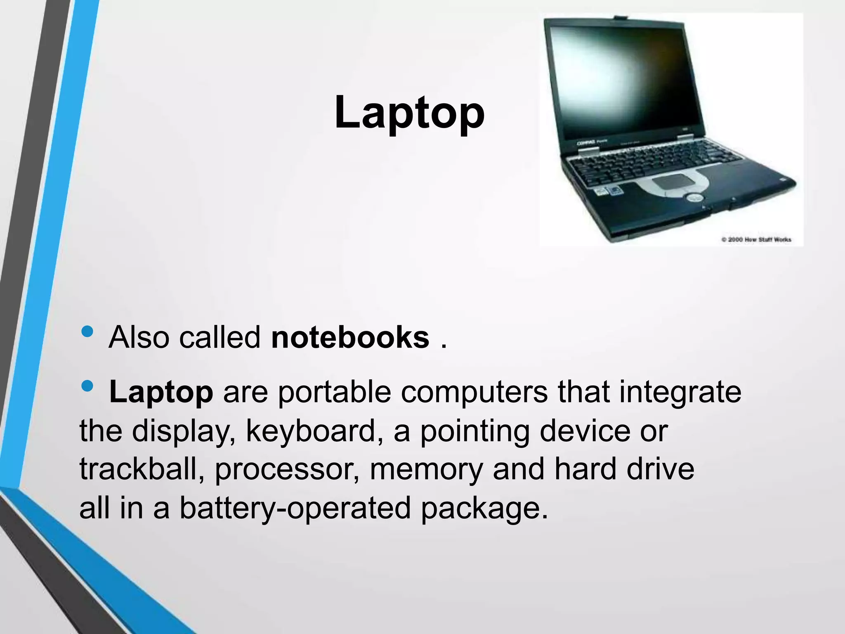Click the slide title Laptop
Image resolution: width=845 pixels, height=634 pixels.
(409, 112)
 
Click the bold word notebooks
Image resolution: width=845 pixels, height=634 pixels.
(350, 337)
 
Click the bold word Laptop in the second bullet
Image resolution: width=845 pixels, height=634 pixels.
(161, 392)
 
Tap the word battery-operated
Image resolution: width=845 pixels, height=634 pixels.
(295, 508)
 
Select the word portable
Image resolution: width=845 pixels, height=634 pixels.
(334, 392)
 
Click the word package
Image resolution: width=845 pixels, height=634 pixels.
(484, 508)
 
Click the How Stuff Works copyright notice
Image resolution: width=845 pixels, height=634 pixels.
(756, 239)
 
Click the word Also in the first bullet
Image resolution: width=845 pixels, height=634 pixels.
(139, 337)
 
